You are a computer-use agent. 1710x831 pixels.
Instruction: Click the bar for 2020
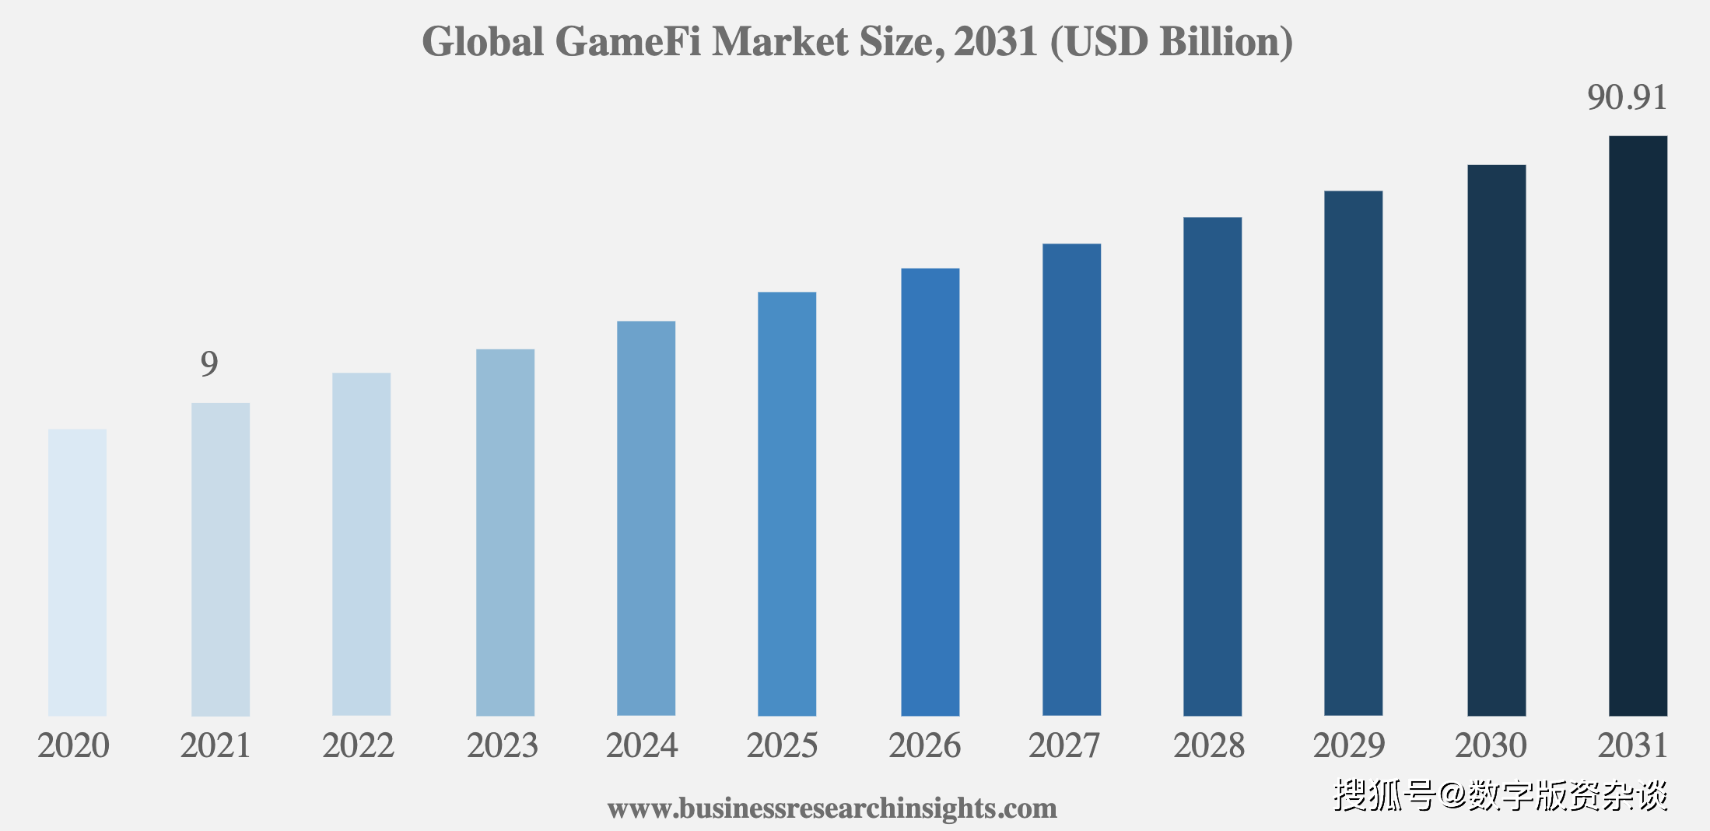pos(77,572)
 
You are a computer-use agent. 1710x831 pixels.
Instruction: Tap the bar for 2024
pos(646,518)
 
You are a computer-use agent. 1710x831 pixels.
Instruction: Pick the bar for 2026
pos(930,492)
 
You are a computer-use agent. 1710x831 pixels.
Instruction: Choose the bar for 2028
pos(1212,466)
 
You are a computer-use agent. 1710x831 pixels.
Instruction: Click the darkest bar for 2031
pos(1638,426)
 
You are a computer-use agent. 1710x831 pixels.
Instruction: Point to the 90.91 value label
pos(1627,98)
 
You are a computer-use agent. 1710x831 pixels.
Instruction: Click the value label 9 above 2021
pos(209,364)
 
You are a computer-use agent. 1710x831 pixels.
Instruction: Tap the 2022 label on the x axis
pos(358,746)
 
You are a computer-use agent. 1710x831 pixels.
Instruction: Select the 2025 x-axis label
pos(782,746)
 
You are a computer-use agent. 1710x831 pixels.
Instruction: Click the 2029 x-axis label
pos(1349,746)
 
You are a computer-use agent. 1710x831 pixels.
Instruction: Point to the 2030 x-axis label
pos(1491,746)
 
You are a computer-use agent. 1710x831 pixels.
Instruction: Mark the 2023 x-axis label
pos(502,746)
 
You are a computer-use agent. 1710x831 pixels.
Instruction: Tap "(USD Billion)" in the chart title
pos(1171,42)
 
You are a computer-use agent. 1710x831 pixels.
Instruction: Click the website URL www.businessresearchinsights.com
pos(832,808)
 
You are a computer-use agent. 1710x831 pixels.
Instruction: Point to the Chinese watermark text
pos(1501,795)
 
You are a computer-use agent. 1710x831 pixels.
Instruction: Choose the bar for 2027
pos(1071,479)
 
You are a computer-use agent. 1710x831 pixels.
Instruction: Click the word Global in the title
pos(482,42)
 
